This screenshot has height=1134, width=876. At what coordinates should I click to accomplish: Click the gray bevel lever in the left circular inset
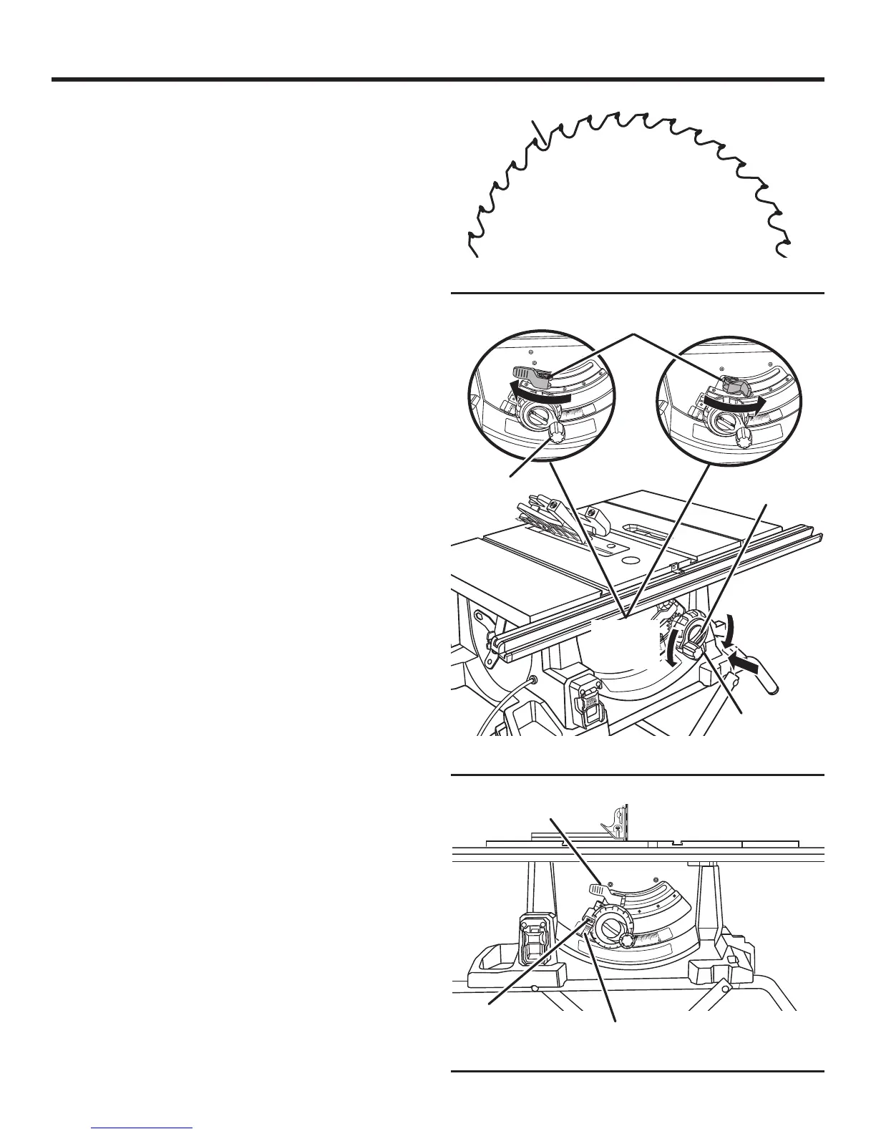coord(530,373)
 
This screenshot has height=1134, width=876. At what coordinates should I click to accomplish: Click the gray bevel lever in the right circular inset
coord(736,386)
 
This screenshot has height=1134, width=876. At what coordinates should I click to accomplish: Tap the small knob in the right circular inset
coord(744,436)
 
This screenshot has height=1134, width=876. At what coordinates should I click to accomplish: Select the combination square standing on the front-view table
coord(617,824)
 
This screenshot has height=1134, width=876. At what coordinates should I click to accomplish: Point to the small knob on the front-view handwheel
coord(628,940)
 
